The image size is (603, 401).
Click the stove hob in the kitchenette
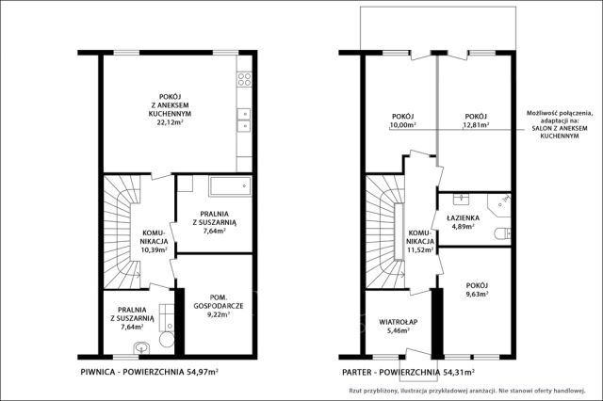coord(244,79)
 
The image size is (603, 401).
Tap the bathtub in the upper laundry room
coord(230,186)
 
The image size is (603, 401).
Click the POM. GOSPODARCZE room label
coord(219,301)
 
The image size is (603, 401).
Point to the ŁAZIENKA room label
coord(463,217)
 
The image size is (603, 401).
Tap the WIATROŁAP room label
coord(398,322)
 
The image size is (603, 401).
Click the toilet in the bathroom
coord(502,233)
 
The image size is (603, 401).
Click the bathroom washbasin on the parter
coord(460,200)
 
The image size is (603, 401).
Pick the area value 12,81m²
coord(476,125)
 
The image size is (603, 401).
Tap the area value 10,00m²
coord(402,125)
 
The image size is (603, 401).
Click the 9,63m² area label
coord(477,295)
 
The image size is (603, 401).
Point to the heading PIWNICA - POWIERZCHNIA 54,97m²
coord(150,372)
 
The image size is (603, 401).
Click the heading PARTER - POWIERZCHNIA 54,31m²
coord(408,372)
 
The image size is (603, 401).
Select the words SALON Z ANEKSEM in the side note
coord(560,128)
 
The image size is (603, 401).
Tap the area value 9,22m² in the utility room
coord(219,314)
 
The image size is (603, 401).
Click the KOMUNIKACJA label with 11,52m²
coord(421,241)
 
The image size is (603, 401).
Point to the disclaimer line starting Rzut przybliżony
coord(467,391)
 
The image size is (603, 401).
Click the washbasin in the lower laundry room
coord(142,348)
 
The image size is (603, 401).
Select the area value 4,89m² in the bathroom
coord(463,226)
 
